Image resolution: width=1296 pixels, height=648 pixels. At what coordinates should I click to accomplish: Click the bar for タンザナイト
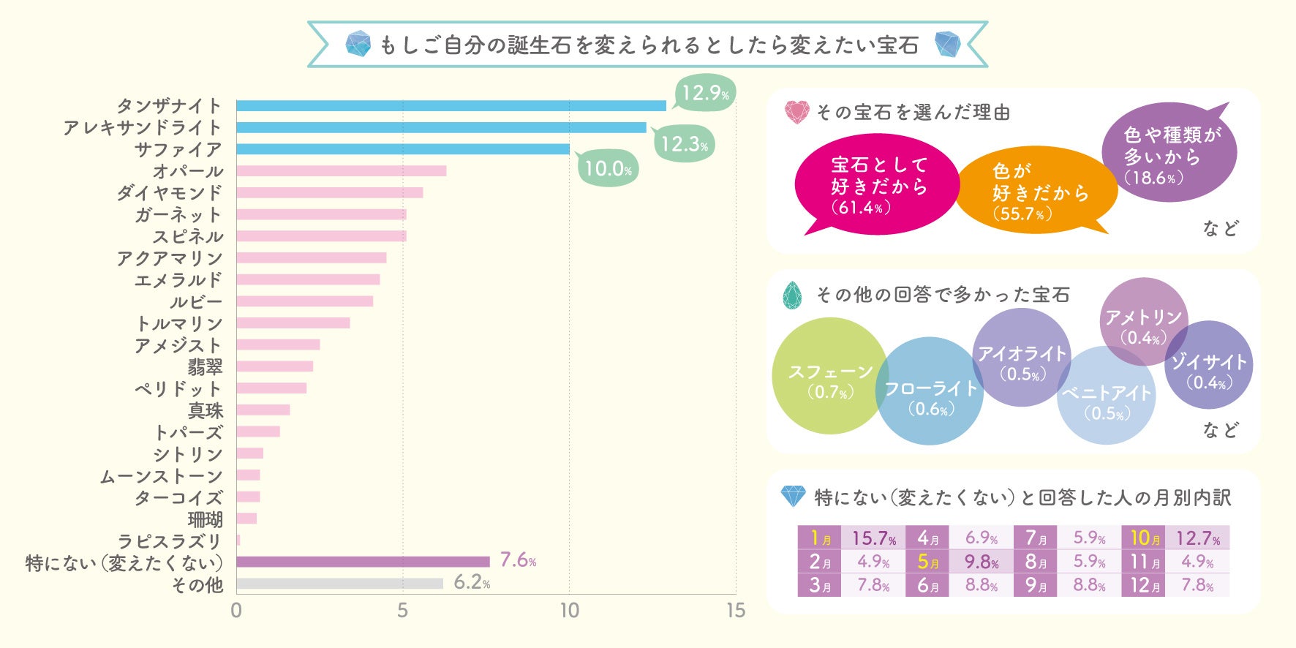click(x=451, y=105)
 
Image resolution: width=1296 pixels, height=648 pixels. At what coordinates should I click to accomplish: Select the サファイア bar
click(x=403, y=149)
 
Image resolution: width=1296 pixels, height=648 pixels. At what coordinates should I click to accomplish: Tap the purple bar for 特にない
click(x=363, y=562)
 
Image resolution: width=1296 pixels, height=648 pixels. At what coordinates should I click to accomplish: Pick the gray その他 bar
click(x=339, y=584)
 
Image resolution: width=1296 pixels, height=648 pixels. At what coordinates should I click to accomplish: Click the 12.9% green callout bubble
click(x=704, y=94)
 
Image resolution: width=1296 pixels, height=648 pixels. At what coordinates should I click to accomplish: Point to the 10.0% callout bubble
click(x=608, y=169)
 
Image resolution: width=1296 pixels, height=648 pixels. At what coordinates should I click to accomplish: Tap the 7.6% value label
click(x=518, y=560)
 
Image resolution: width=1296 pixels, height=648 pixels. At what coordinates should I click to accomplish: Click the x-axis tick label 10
click(x=569, y=611)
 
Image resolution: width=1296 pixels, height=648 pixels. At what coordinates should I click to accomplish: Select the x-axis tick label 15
click(x=736, y=611)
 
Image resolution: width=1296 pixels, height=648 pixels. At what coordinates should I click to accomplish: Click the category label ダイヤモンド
click(x=169, y=193)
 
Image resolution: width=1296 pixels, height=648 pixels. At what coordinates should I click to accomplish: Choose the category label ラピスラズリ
click(x=169, y=541)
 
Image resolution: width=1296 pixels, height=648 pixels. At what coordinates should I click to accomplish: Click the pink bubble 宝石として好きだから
click(x=877, y=186)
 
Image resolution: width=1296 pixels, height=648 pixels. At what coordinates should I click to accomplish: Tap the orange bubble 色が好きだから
click(x=1038, y=192)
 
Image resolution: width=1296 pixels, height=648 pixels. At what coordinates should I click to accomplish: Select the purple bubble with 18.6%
click(x=1169, y=154)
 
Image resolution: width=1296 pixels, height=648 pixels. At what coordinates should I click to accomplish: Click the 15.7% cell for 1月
click(x=873, y=538)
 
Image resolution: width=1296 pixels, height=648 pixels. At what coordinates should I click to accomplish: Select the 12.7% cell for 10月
click(x=1197, y=538)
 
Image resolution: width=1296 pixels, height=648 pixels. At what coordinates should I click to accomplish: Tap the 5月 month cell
click(x=927, y=562)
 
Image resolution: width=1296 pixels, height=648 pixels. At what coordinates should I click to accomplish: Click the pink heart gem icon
click(x=796, y=112)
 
